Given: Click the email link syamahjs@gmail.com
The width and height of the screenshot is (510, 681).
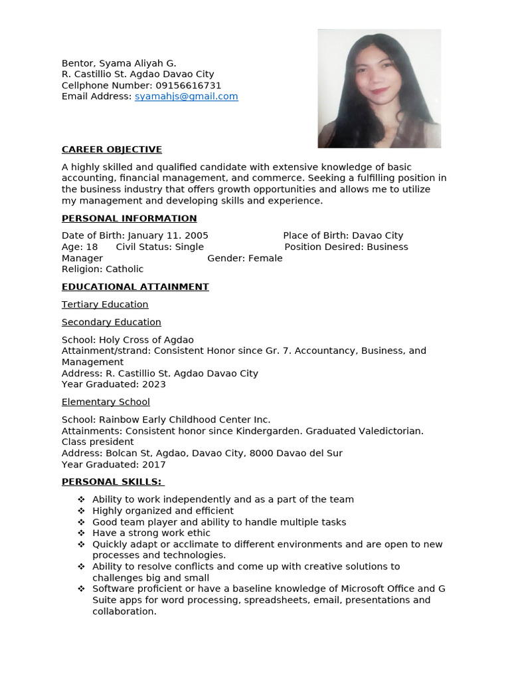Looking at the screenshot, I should (x=186, y=96).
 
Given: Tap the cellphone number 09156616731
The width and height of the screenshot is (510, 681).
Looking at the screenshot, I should (x=188, y=86).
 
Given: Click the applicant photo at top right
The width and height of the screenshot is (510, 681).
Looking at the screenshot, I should (x=379, y=88).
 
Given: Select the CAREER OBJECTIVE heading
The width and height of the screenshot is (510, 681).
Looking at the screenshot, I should (x=112, y=150).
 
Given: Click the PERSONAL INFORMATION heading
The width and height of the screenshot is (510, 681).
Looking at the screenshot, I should (x=129, y=218).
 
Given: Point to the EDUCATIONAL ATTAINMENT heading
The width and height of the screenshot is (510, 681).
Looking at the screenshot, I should (x=135, y=287).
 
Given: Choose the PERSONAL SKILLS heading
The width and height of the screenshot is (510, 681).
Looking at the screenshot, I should (x=112, y=481).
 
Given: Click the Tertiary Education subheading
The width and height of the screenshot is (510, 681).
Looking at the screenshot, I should (x=105, y=305).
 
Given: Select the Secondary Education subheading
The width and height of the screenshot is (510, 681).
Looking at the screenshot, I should (x=112, y=322).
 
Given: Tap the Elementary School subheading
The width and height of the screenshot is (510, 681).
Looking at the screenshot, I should (x=106, y=402).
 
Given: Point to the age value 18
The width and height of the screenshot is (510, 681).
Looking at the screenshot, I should (x=92, y=247).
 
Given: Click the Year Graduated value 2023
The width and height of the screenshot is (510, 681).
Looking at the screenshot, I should (x=153, y=384).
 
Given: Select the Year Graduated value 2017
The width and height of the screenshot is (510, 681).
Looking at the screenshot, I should (x=153, y=464).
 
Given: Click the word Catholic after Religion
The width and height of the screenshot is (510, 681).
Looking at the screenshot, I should (x=124, y=269).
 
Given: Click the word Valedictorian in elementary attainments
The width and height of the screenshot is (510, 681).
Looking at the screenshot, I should (x=388, y=431).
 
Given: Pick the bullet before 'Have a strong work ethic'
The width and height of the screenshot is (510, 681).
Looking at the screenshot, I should (x=81, y=533).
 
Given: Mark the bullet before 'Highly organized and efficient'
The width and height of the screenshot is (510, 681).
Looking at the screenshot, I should (x=81, y=511).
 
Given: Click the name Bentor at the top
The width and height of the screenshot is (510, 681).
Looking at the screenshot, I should (x=78, y=63).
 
